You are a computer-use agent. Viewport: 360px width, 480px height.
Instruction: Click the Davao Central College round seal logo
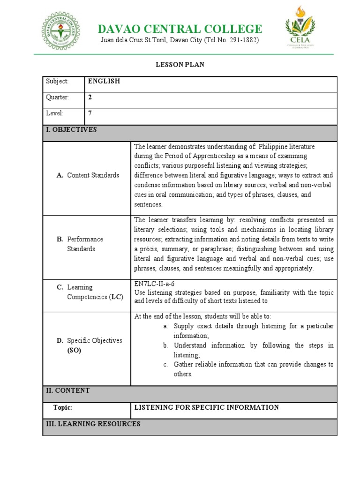[x=60, y=31]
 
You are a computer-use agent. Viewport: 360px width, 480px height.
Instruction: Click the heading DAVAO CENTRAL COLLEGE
[x=180, y=29]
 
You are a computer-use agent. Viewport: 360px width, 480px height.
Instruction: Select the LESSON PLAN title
[x=180, y=65]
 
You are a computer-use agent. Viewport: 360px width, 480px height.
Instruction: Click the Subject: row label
[x=57, y=81]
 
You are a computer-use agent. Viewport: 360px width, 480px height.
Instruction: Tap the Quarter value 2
[x=90, y=97]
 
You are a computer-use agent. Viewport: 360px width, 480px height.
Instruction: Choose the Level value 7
[x=90, y=113]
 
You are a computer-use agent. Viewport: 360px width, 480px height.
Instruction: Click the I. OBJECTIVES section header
[x=71, y=130]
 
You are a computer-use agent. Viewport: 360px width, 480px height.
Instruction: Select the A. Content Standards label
[x=88, y=175]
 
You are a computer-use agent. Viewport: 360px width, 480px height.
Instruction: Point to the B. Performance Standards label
[x=80, y=244]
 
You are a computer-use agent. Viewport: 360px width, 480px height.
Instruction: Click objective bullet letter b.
[x=165, y=345]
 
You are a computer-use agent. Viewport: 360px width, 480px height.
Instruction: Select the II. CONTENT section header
[x=67, y=390]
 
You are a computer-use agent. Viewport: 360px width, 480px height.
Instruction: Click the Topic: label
[x=63, y=408]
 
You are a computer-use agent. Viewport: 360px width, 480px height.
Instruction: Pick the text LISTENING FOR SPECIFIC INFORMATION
[x=206, y=408]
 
